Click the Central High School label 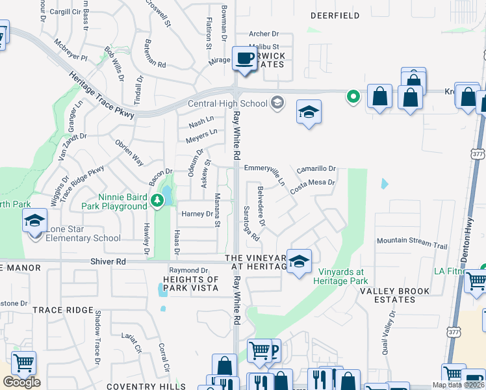(227, 103)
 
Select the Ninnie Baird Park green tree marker (157, 201)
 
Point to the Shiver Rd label (108, 261)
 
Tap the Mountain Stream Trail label (413, 242)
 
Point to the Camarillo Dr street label (316, 169)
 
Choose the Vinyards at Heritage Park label (340, 276)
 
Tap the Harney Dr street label (197, 214)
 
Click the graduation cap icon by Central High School (309, 111)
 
